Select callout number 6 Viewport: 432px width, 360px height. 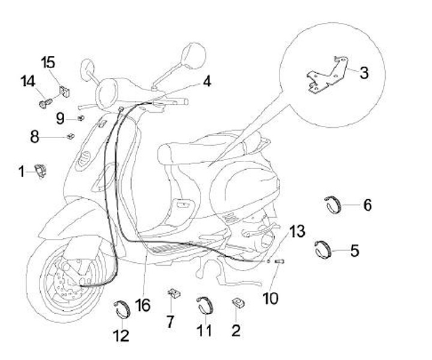click(x=367, y=205)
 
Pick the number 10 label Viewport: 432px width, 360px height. click(x=271, y=297)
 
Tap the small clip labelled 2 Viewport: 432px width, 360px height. click(x=236, y=302)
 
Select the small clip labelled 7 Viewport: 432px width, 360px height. click(x=174, y=293)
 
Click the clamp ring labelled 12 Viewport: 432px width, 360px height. click(x=122, y=309)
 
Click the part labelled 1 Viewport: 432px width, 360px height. click(x=43, y=170)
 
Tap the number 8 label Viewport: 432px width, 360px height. click(x=35, y=137)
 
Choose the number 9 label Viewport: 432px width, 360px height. click(x=61, y=118)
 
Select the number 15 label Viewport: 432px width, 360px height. click(x=48, y=62)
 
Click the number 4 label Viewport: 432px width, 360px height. click(x=206, y=81)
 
